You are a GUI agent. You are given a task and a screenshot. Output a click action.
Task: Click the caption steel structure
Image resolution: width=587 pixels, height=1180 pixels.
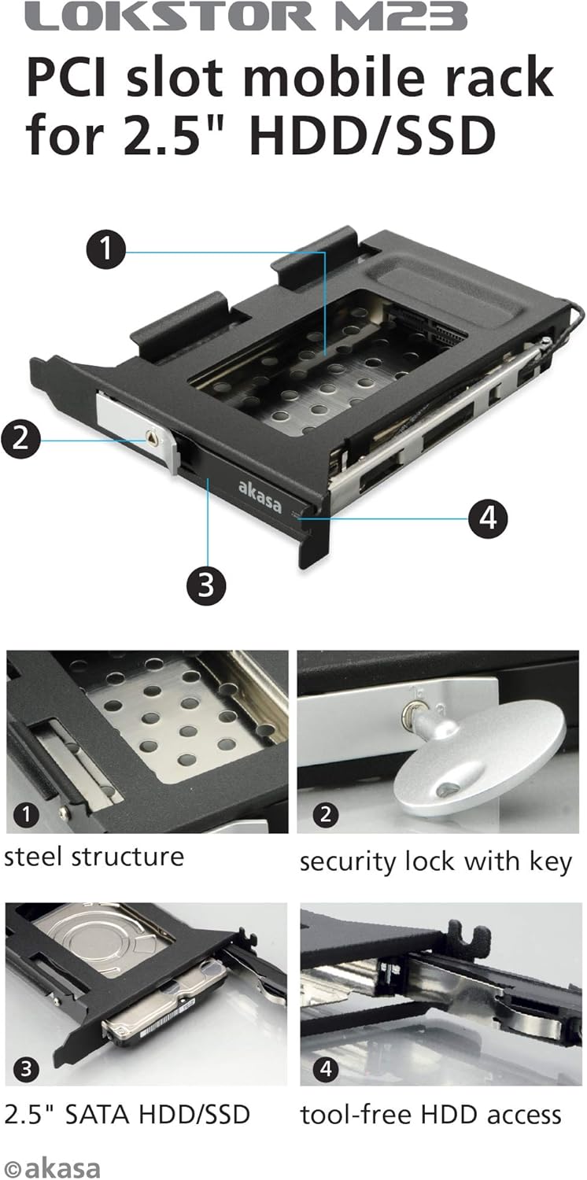(94, 857)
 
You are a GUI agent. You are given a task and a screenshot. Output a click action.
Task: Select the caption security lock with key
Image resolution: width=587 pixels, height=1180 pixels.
(435, 862)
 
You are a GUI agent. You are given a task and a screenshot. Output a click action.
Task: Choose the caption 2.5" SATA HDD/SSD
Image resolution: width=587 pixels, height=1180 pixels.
(127, 1114)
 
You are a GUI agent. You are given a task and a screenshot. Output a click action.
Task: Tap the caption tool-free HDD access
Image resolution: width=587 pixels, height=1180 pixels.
(430, 1114)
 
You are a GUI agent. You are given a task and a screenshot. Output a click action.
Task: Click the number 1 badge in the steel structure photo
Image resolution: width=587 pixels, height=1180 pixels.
(28, 815)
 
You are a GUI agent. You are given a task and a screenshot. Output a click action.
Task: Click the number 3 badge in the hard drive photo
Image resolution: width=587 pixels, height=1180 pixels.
(28, 1068)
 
